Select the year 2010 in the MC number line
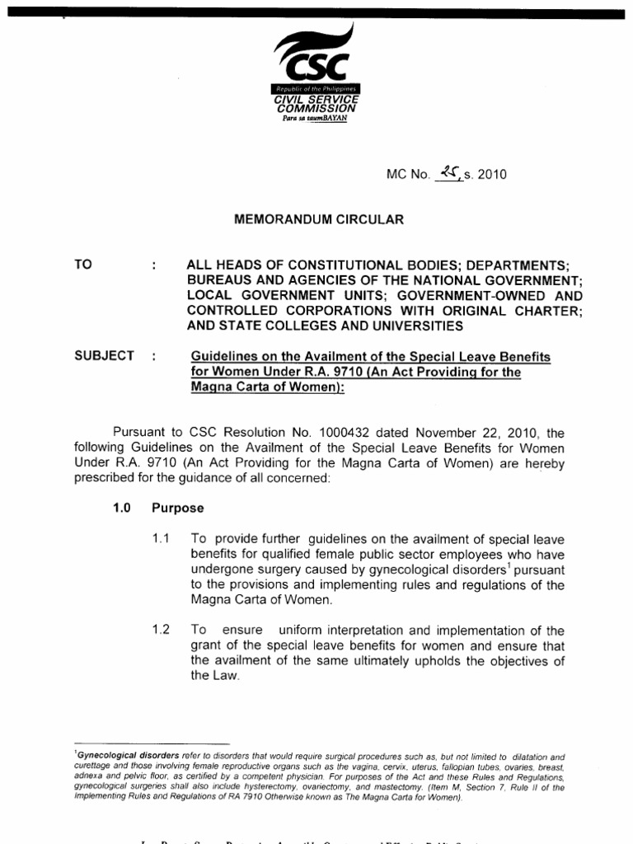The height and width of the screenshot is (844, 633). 490,175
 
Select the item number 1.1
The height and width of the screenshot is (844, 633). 160,539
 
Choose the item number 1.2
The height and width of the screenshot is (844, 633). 160,631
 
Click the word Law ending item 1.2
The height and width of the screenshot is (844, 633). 204,676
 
